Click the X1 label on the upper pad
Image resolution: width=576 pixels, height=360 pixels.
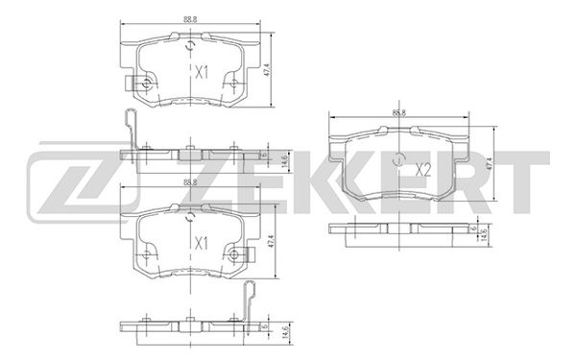pos(201,72)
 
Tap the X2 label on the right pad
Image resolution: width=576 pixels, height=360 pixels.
pos(423,171)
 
